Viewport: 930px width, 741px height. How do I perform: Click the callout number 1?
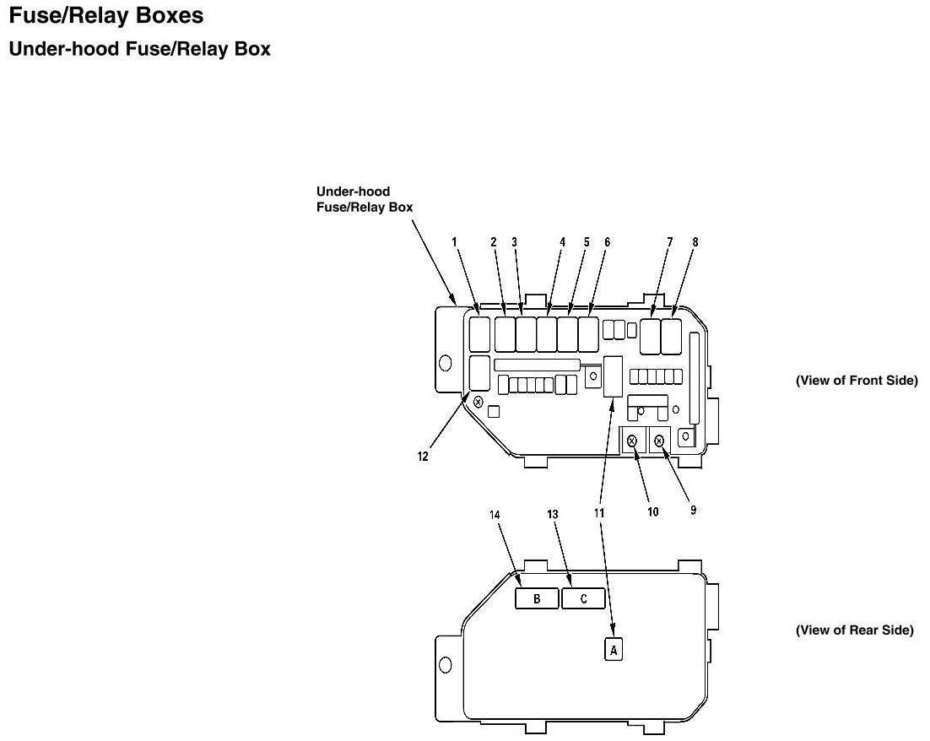(454, 242)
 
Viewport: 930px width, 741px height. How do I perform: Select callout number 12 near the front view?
(423, 457)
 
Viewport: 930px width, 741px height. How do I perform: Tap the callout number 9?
(693, 510)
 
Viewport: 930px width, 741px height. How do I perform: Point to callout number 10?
(653, 511)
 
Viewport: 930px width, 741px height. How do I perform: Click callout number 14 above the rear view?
(495, 514)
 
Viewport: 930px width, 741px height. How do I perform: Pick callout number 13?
(554, 514)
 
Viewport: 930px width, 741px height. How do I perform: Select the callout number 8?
(695, 242)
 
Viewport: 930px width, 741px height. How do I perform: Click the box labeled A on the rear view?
(614, 650)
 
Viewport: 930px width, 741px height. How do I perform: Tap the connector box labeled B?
(537, 598)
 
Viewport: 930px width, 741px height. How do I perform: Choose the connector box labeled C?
(584, 598)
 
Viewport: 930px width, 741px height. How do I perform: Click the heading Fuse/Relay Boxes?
(105, 15)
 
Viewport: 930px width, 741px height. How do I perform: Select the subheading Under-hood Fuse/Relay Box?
(139, 50)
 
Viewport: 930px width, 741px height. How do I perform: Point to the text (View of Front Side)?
(856, 381)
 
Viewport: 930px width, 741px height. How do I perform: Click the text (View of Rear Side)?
(854, 630)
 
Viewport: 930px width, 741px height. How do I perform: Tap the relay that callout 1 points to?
(479, 334)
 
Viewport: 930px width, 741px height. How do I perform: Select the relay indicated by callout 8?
(673, 336)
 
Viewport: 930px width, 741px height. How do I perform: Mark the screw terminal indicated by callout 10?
(632, 440)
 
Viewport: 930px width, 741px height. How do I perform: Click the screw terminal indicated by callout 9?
(659, 440)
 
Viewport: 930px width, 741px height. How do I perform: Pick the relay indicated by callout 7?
(651, 336)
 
